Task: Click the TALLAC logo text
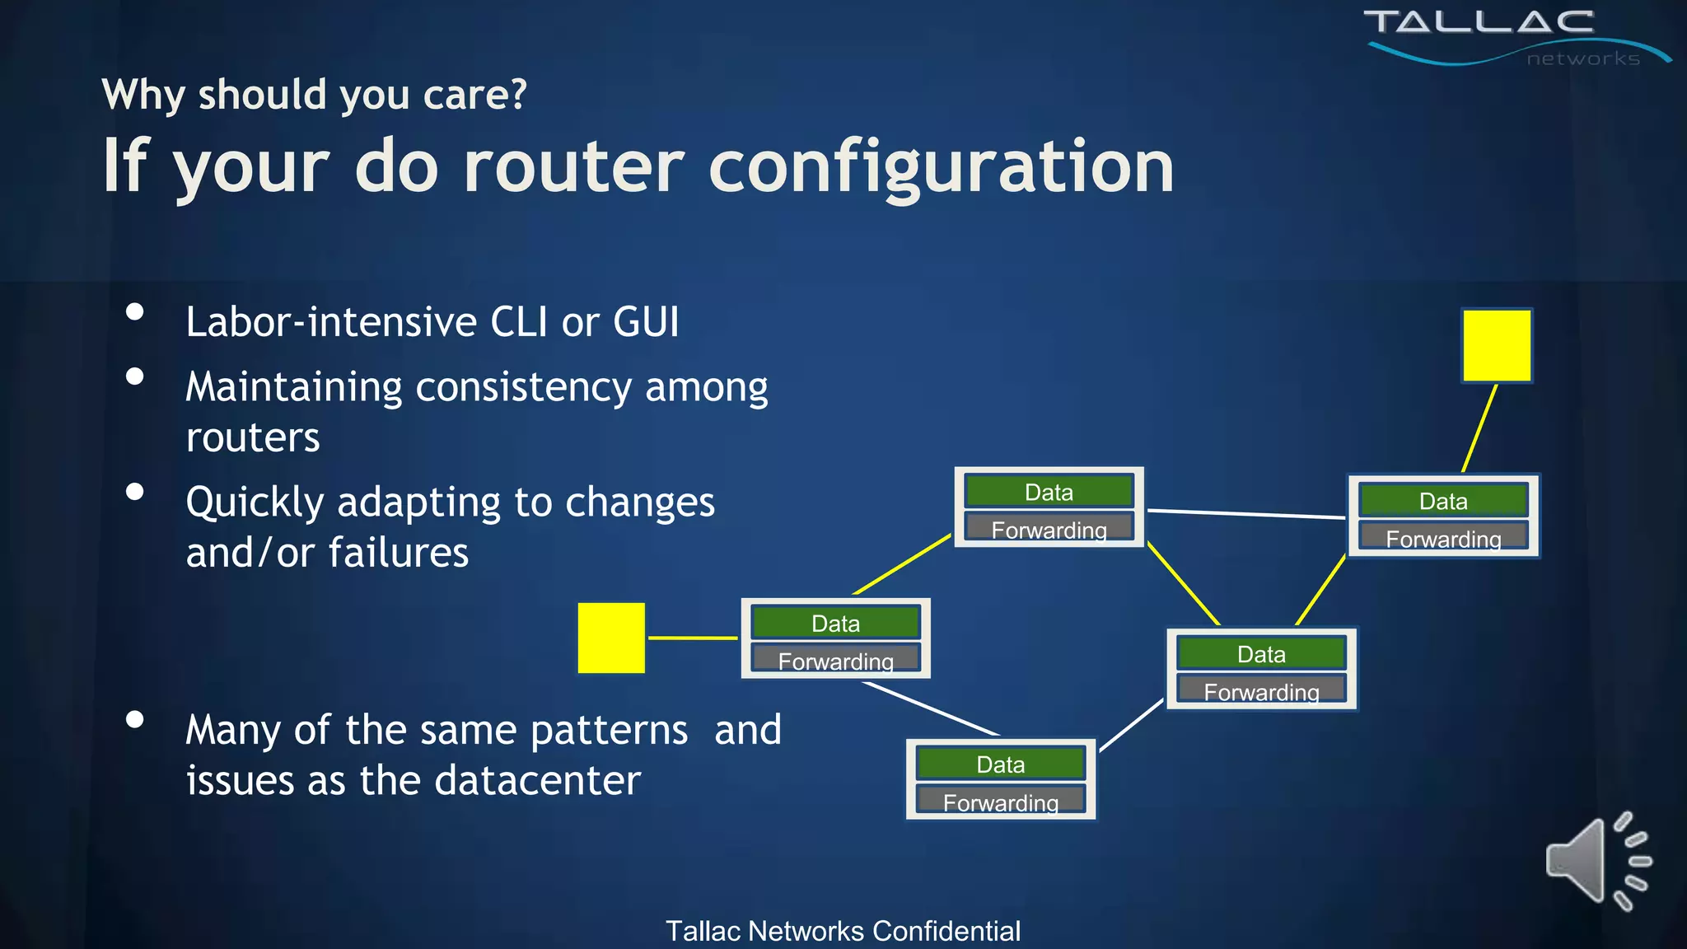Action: pyautogui.click(x=1479, y=22)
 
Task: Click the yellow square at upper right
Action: pyautogui.click(x=1497, y=346)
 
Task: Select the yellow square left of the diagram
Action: pyautogui.click(x=611, y=638)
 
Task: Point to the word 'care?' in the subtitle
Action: pyautogui.click(x=474, y=95)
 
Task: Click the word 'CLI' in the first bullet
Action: pyautogui.click(x=519, y=321)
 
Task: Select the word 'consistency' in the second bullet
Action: pyautogui.click(x=523, y=387)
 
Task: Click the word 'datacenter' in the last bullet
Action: pyautogui.click(x=537, y=780)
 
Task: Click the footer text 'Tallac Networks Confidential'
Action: pyautogui.click(x=843, y=931)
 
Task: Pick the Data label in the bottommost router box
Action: pyautogui.click(x=1000, y=764)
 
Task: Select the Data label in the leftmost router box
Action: pyautogui.click(x=835, y=624)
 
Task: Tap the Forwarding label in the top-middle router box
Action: pyautogui.click(x=1049, y=529)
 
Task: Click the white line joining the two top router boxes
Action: pyautogui.click(x=1245, y=514)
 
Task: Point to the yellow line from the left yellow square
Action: pyautogui.click(x=692, y=638)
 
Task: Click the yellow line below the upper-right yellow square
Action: pyautogui.click(x=1479, y=428)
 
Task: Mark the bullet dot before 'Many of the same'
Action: pyautogui.click(x=135, y=719)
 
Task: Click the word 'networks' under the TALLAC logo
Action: pyautogui.click(x=1582, y=58)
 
